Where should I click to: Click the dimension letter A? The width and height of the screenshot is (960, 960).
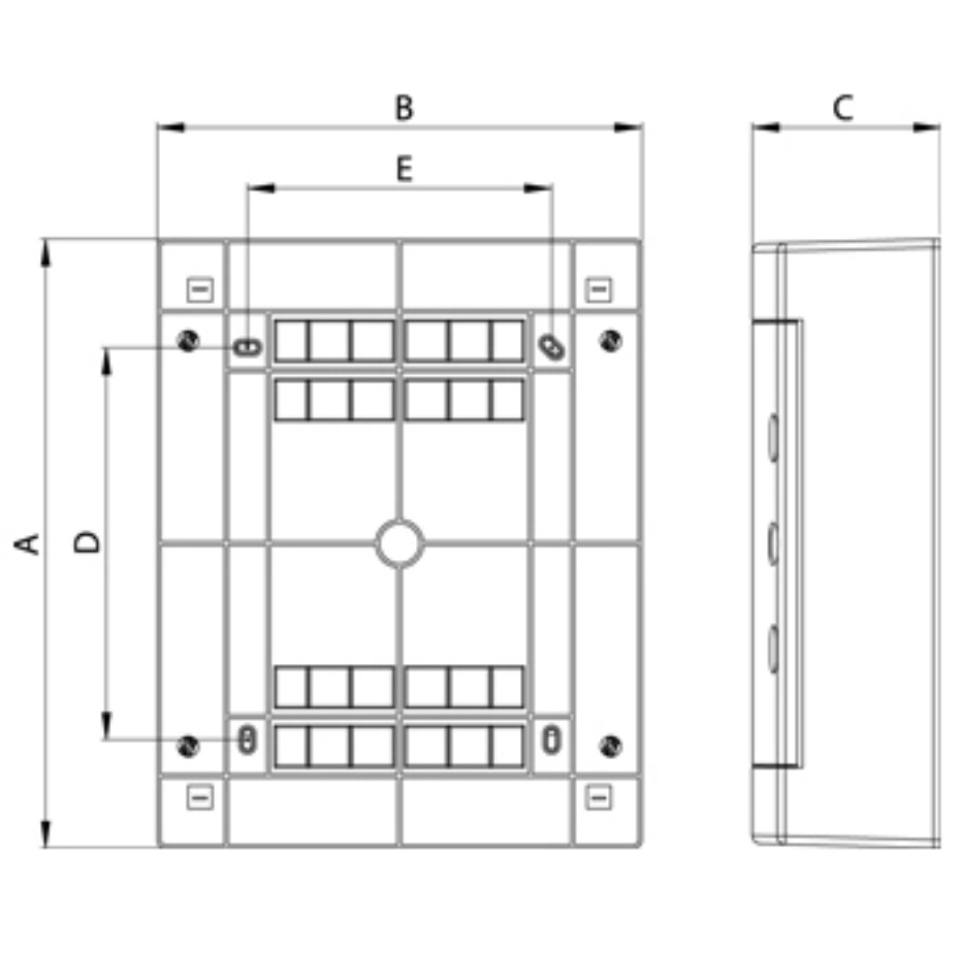point(27,544)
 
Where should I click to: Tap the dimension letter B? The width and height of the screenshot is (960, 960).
point(404,108)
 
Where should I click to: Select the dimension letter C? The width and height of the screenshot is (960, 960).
point(843,108)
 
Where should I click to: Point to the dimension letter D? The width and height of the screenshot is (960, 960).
point(87,542)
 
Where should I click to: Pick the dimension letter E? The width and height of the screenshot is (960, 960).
point(404,168)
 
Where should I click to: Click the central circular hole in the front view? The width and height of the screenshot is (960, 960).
point(400,543)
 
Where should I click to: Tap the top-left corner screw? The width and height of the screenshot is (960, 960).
point(188,340)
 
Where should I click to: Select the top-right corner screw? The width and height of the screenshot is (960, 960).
point(611,340)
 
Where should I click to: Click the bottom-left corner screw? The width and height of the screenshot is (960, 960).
point(188,746)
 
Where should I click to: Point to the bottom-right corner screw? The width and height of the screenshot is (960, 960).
point(611,746)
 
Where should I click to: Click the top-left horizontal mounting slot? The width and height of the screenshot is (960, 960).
point(247,348)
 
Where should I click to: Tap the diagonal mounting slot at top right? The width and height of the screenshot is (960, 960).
point(552,348)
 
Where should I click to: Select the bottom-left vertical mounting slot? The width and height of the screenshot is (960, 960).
point(247,740)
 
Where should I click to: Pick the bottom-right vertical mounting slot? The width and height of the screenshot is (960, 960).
point(551,740)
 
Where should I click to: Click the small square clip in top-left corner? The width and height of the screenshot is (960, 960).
point(200,290)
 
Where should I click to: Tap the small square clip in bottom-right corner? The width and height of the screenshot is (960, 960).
point(599,797)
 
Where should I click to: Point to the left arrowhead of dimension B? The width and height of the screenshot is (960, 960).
point(171,127)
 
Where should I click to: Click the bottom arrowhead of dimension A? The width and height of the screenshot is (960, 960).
point(45,834)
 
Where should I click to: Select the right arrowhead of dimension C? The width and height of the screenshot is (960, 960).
point(926,127)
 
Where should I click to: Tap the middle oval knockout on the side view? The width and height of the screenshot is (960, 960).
point(772,543)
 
